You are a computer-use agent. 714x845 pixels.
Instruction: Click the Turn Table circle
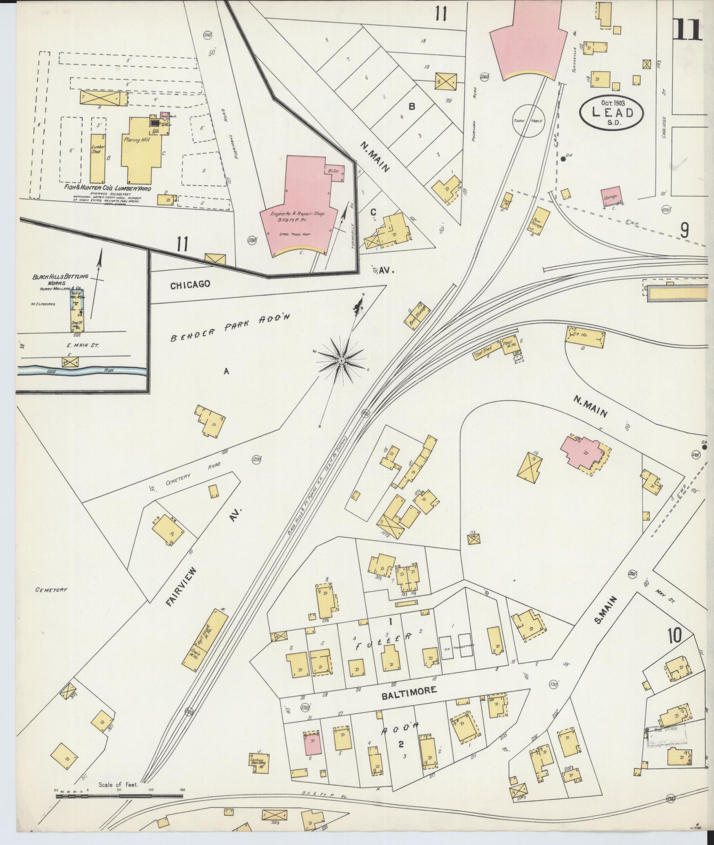coord(528,121)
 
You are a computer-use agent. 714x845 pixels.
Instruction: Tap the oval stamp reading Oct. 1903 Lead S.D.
coord(612,112)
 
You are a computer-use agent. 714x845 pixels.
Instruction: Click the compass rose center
coord(340,360)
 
